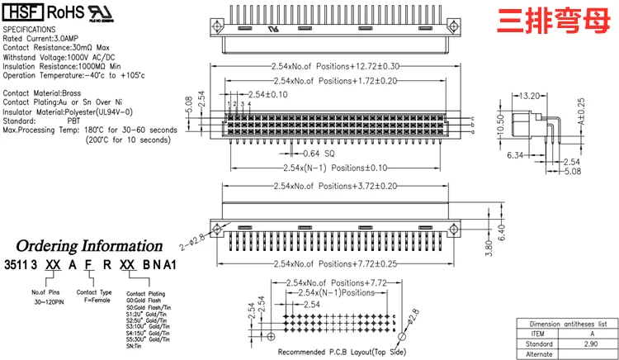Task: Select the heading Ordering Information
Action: (x=89, y=246)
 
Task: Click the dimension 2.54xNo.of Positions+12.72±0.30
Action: (x=335, y=65)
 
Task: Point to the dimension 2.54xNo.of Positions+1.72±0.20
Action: (x=335, y=81)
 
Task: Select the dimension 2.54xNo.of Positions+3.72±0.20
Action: (x=335, y=186)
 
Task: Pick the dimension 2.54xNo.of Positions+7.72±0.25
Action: (x=335, y=263)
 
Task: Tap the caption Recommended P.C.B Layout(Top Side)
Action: (x=342, y=353)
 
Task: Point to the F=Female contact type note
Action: (x=94, y=301)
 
